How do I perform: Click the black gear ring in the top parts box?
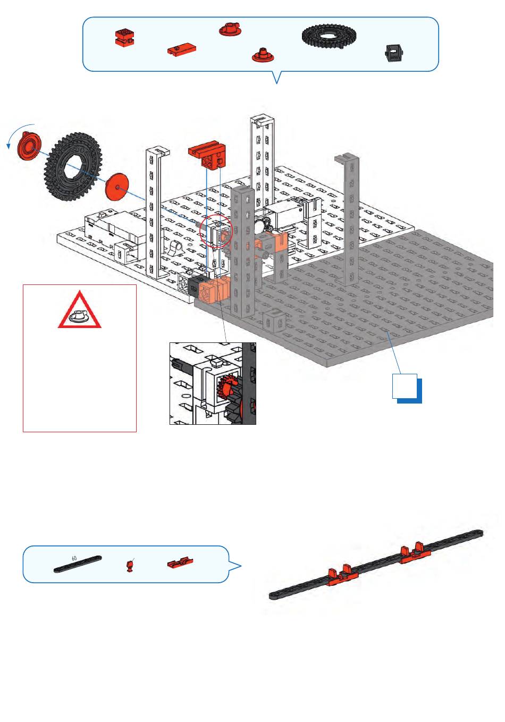tap(329, 36)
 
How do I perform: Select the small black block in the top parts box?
tap(393, 53)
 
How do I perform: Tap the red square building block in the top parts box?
tap(124, 37)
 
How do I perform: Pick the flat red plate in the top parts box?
tap(181, 51)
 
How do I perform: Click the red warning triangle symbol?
tap(80, 311)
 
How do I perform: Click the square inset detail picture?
tap(213, 383)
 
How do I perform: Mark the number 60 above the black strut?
tap(74, 558)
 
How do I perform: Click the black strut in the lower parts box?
tap(78, 565)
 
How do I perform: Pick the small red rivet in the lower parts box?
tap(129, 566)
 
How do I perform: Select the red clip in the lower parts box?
tap(180, 562)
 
